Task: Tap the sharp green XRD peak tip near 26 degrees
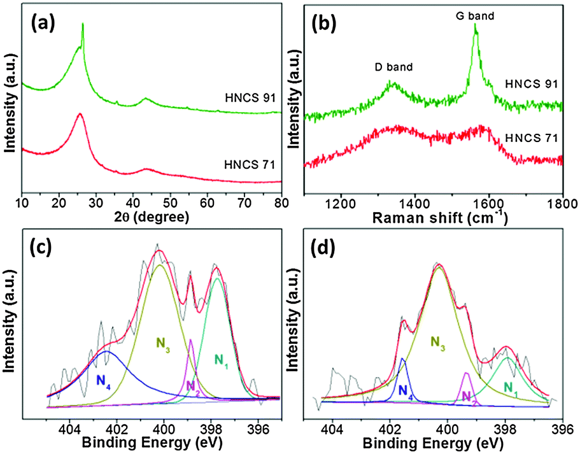coord(82,24)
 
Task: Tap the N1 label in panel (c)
coord(221,361)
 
